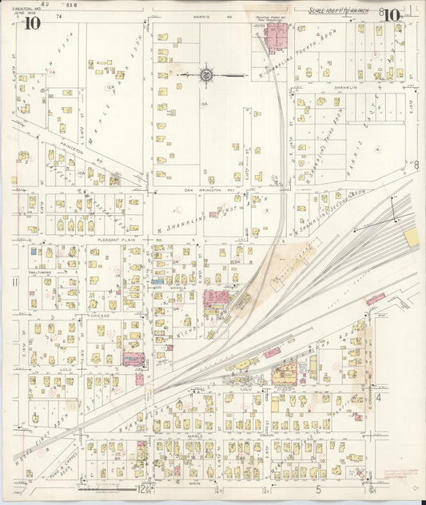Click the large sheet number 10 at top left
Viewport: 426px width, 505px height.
[32, 22]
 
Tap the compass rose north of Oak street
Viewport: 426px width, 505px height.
[206, 75]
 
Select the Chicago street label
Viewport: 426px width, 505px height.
[99, 316]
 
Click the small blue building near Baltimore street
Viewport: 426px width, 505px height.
[34, 251]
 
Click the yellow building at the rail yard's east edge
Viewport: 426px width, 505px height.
[412, 237]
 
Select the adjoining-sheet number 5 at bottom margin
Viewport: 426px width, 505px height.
[317, 489]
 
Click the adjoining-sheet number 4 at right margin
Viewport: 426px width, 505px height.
[380, 396]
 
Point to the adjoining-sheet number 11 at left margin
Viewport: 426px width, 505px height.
[15, 281]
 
